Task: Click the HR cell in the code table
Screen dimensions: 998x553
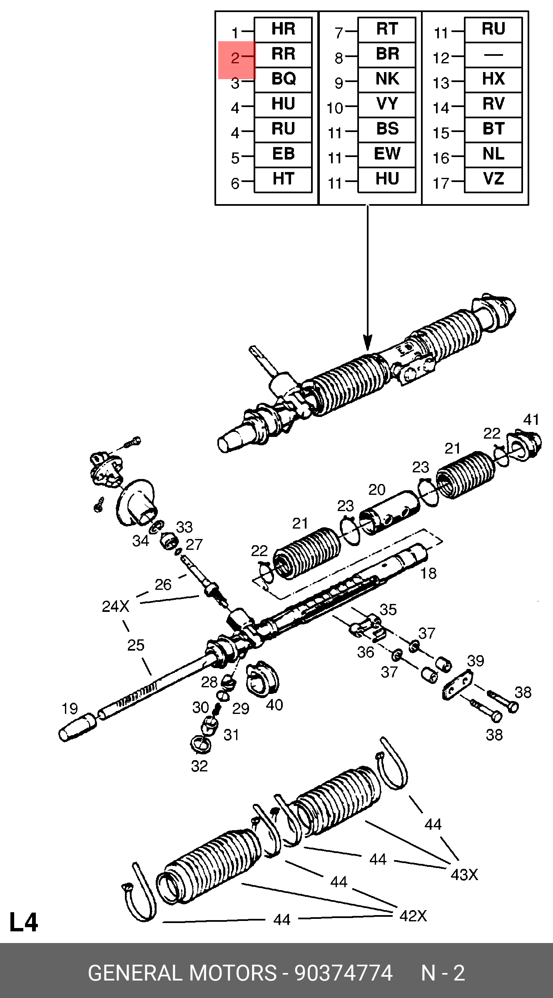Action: coord(283,30)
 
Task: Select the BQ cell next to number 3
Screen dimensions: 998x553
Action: coord(283,79)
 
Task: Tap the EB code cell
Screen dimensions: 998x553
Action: coord(283,154)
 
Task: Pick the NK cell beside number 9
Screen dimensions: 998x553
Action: coord(387,79)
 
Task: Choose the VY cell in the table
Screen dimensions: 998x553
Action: coord(387,104)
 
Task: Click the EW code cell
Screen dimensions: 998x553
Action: coord(387,154)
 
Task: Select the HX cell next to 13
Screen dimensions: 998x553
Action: coord(493,79)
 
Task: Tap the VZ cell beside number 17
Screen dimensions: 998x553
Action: coord(493,179)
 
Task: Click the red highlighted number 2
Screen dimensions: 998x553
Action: coord(236,59)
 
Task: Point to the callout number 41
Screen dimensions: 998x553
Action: coord(531,419)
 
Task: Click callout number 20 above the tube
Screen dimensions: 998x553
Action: coord(377,489)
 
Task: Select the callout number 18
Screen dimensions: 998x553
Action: coord(428,574)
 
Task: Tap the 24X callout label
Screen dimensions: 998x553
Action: coord(115,606)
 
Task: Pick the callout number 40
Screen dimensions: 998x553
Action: coord(274,705)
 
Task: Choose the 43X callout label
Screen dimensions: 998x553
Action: coord(464,875)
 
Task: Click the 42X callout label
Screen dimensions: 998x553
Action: coord(413,916)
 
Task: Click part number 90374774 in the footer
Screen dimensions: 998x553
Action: coord(344,973)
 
